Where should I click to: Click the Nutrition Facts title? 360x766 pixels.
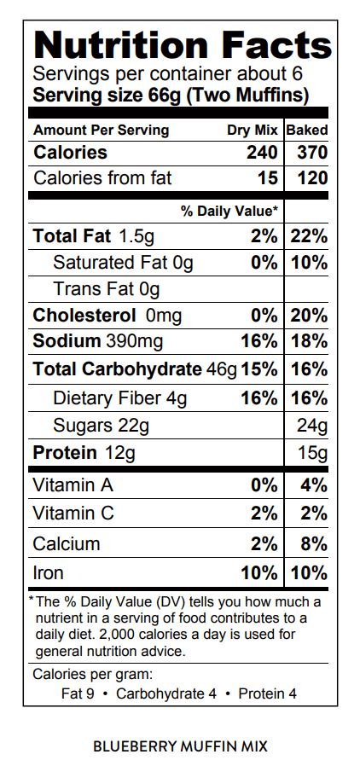click(x=183, y=45)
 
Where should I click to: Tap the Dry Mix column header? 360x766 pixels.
click(x=252, y=131)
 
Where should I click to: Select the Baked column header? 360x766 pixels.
click(x=307, y=131)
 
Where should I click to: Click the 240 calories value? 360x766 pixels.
click(x=262, y=153)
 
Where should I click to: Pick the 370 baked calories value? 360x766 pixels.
click(x=312, y=153)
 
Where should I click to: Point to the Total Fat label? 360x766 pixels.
click(x=72, y=236)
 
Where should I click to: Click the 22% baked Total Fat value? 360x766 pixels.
click(x=309, y=236)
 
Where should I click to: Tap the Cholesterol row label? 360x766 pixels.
click(x=84, y=316)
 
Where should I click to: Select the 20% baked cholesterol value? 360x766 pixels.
click(x=309, y=316)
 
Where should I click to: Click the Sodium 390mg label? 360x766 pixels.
click(x=98, y=341)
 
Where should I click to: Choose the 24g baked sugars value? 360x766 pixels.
click(x=312, y=426)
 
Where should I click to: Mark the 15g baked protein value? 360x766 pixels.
click(x=313, y=453)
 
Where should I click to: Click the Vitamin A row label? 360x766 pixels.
click(x=73, y=485)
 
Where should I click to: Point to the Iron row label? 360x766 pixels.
click(x=48, y=572)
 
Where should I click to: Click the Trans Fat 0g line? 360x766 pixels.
click(x=106, y=289)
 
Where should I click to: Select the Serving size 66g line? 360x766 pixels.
click(x=171, y=95)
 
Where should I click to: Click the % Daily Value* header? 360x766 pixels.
click(x=229, y=211)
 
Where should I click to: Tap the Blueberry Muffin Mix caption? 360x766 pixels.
click(x=180, y=746)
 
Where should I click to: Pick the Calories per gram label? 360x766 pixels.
click(x=93, y=675)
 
